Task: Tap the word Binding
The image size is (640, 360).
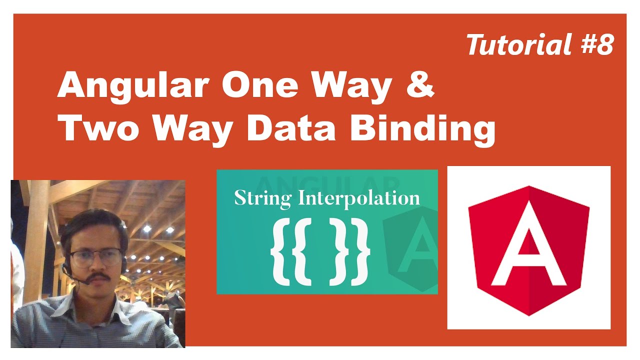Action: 422,129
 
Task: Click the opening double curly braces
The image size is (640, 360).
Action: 290,252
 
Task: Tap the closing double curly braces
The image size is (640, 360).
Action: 350,252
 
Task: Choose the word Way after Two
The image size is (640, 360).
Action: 195,128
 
